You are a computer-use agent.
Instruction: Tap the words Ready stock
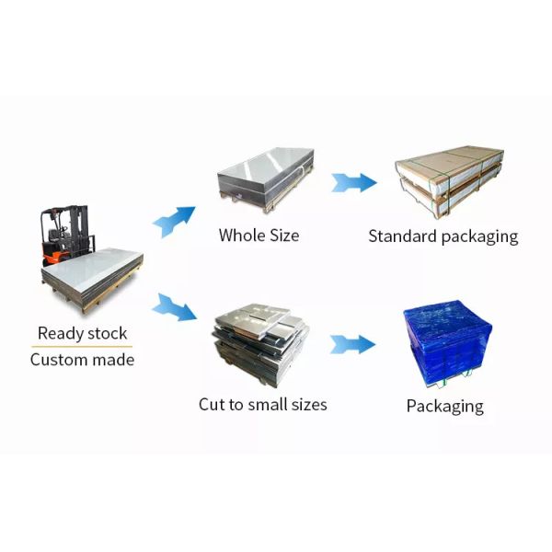82,333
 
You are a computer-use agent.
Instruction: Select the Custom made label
82,360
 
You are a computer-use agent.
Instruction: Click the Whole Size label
259,236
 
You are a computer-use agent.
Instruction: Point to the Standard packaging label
443,236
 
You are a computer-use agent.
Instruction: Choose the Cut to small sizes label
262,404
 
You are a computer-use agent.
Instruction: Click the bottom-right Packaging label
444,406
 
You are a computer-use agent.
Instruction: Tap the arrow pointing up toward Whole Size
174,222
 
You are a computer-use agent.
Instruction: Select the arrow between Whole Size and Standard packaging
354,181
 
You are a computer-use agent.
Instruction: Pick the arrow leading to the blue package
354,345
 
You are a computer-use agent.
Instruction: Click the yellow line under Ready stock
82,347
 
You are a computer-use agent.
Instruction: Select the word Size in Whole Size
282,236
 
